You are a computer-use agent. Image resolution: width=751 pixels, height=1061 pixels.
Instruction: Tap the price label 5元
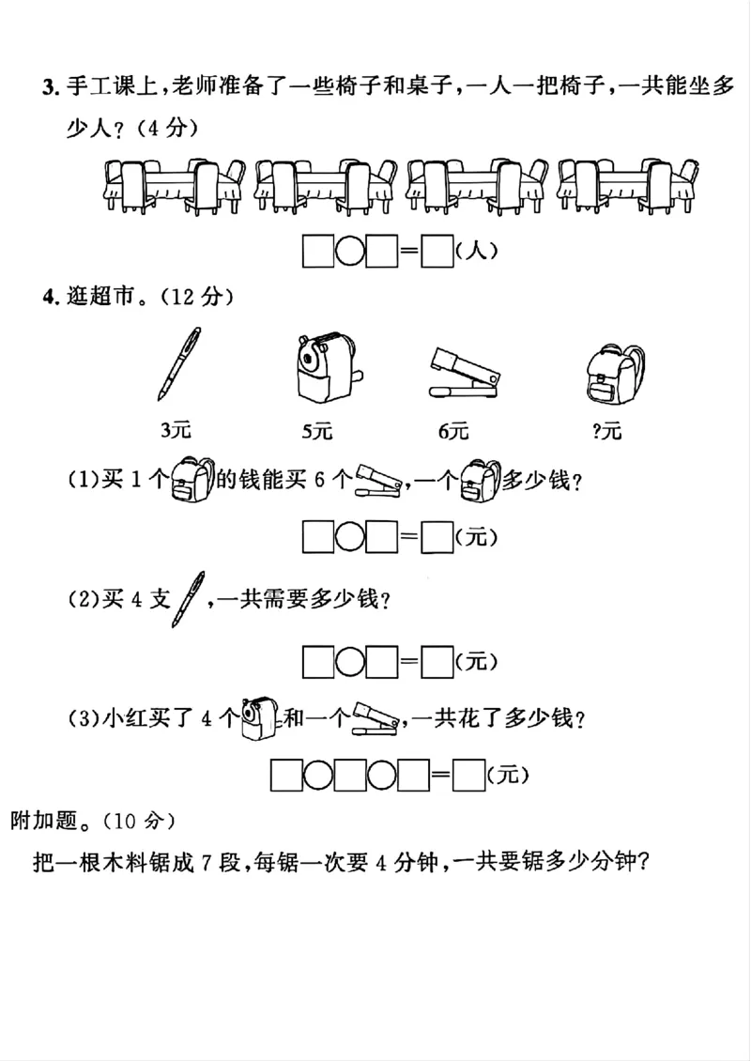[x=317, y=432]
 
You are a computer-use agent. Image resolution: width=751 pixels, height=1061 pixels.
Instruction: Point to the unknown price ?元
[x=607, y=432]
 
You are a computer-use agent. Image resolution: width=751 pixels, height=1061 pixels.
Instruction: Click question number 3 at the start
[x=49, y=89]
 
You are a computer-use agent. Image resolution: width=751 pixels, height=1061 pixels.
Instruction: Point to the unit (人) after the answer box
[x=474, y=251]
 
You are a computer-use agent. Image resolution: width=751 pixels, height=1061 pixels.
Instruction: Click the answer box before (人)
[x=437, y=252]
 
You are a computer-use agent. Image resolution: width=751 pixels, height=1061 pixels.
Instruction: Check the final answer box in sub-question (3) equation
[x=467, y=776]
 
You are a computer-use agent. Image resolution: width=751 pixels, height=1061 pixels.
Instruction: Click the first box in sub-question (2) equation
[x=318, y=662]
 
